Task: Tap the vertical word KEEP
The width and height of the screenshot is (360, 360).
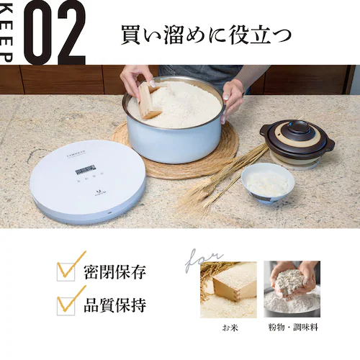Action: pyautogui.click(x=7, y=32)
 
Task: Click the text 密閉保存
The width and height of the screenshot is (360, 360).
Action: pyautogui.click(x=115, y=272)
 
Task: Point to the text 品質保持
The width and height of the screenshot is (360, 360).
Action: pyautogui.click(x=115, y=305)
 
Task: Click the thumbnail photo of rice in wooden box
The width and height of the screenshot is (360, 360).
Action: pyautogui.click(x=228, y=289)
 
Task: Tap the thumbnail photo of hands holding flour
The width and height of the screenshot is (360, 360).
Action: pyautogui.click(x=292, y=289)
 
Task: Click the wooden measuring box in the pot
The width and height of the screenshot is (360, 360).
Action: pyautogui.click(x=149, y=100)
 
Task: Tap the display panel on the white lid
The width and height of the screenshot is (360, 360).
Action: pyautogui.click(x=84, y=169)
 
